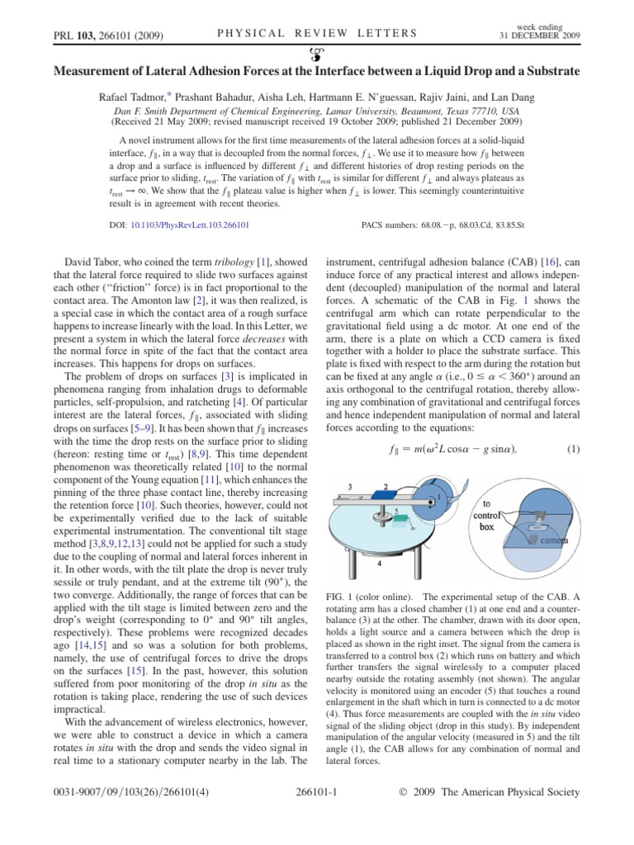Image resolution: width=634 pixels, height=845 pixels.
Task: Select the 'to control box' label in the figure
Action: [492, 514]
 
